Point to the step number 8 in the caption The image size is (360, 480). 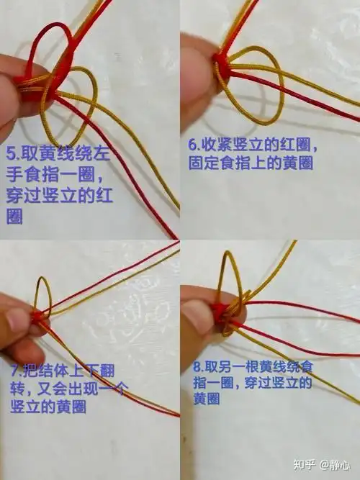197,366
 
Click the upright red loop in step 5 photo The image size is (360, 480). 60,43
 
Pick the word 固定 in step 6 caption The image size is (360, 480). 205,163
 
